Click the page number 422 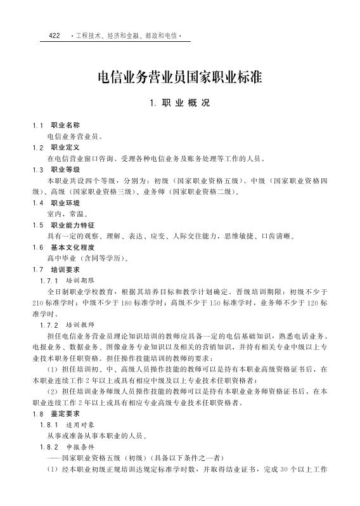[54, 36]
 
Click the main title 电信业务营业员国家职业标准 [179, 77]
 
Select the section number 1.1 [38, 125]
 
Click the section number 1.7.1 [49, 280]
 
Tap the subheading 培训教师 [80, 325]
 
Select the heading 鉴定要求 [65, 413]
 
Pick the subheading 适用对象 [80, 424]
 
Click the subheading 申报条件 [80, 446]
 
